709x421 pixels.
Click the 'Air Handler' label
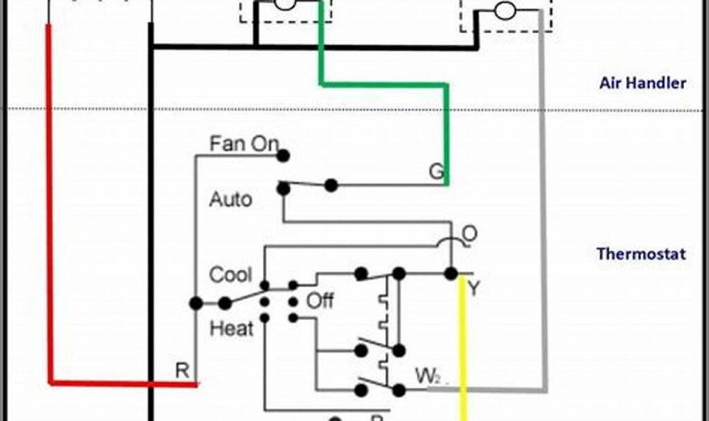pos(643,84)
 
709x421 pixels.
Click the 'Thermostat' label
pos(641,254)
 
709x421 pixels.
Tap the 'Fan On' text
pos(243,144)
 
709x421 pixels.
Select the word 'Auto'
pos(231,200)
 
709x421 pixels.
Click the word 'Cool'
pos(231,274)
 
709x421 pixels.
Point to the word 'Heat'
pos(231,328)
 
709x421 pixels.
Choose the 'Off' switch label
pos(320,301)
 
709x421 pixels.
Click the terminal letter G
pos(436,171)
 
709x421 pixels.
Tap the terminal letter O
pos(469,234)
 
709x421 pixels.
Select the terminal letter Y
pos(474,288)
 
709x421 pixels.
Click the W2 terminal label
pos(426,377)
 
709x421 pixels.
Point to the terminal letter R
pos(182,371)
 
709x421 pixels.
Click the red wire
pos(49,207)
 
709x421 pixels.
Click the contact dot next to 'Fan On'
pos(282,156)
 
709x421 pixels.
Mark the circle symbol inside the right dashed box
pos(505,10)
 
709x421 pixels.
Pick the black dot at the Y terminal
pos(451,274)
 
